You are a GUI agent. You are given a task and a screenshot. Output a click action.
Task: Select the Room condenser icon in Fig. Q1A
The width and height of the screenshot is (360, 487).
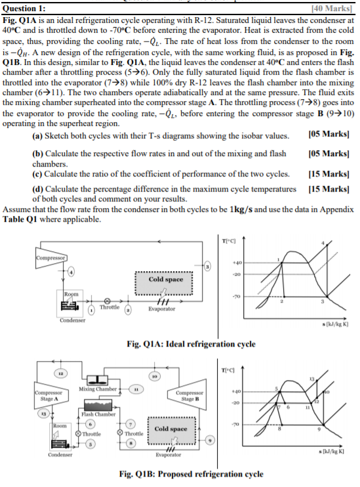68,306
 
